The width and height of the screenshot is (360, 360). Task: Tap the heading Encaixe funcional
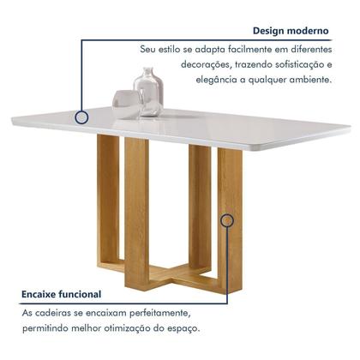click(x=61, y=294)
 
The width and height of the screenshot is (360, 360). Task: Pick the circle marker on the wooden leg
click(x=227, y=220)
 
